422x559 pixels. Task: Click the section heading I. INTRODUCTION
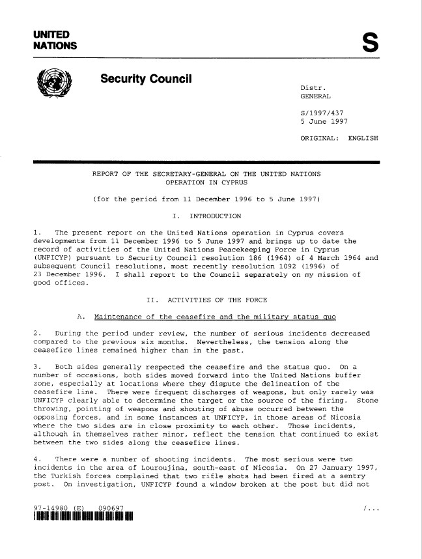206,216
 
